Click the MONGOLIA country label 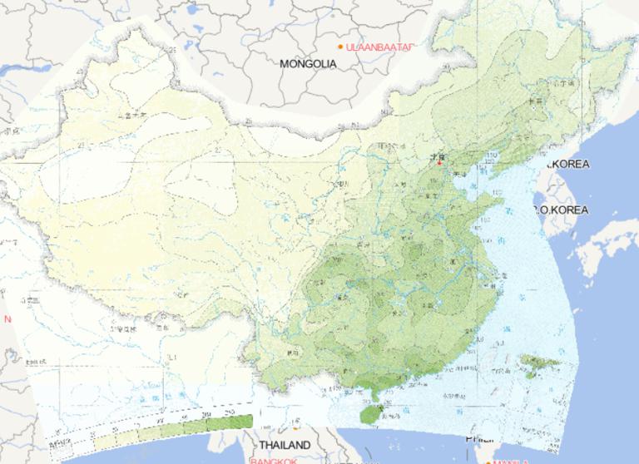coord(308,63)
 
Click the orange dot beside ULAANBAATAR coord(341,46)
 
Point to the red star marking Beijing coord(439,162)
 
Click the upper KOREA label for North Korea coord(569,165)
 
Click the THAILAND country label coord(284,445)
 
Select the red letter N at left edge coord(7,319)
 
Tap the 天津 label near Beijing coord(441,173)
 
